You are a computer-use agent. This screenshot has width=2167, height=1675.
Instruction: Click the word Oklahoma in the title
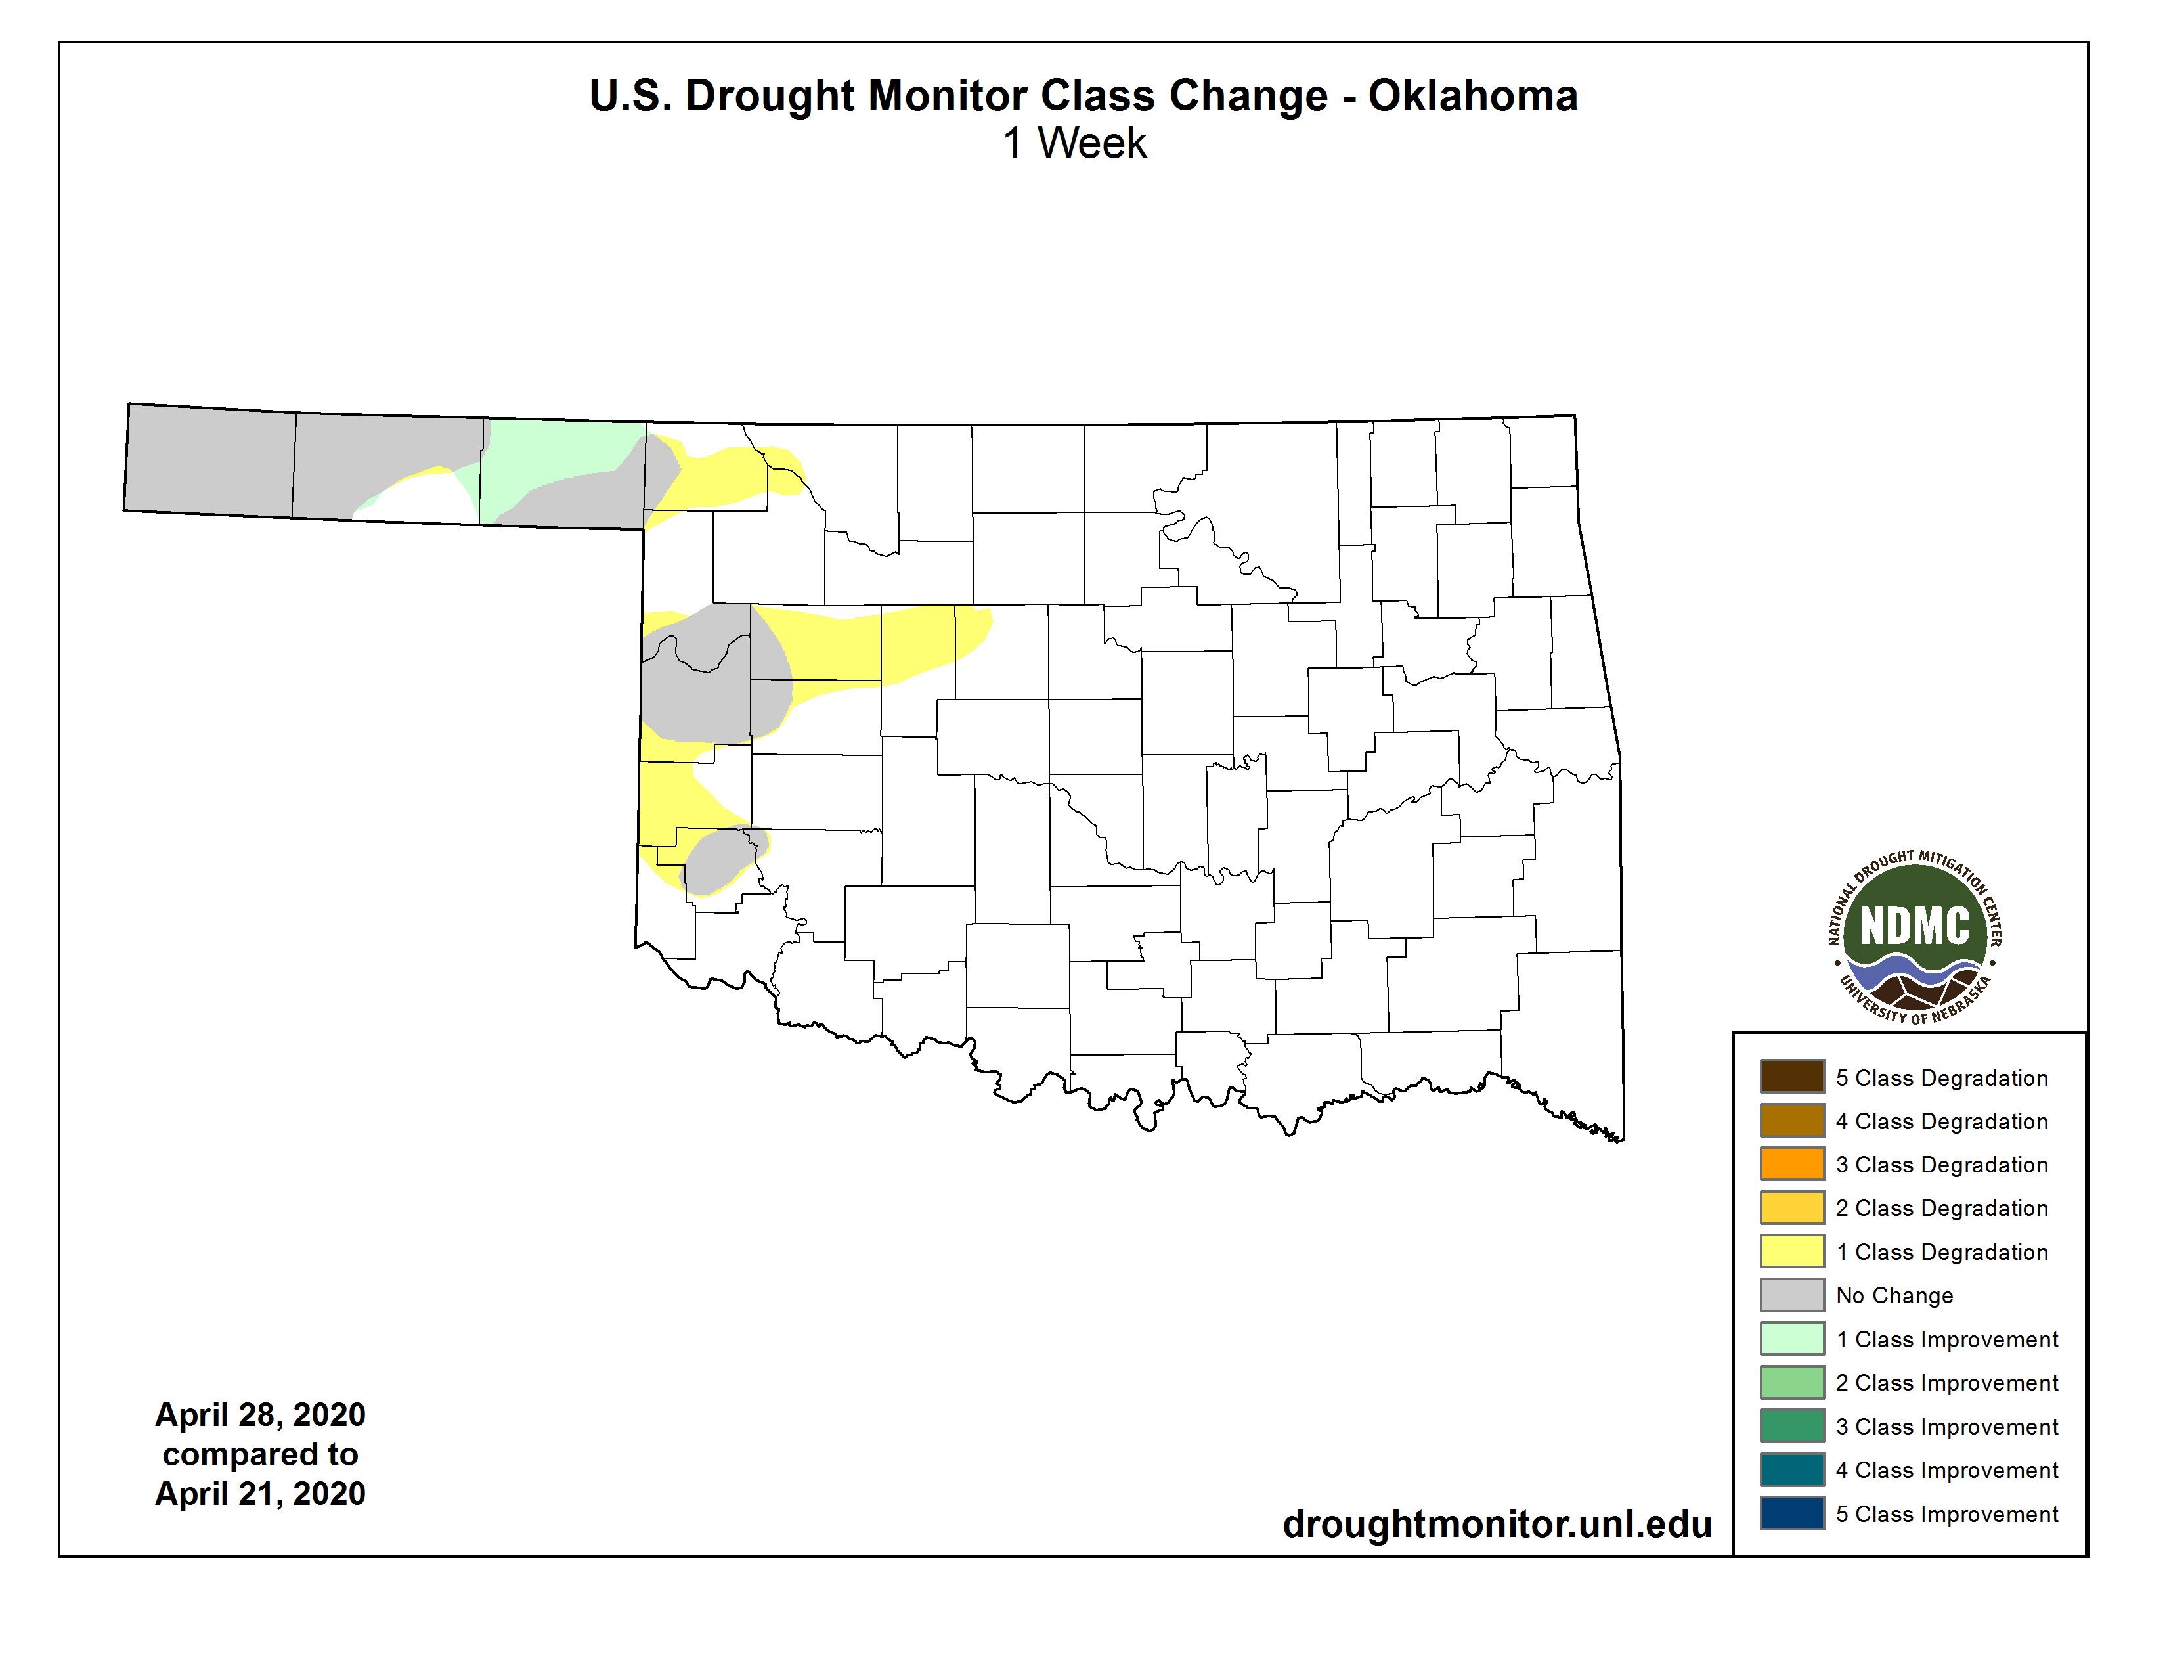point(1472,97)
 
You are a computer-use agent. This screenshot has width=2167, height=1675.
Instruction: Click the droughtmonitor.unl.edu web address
point(1497,1524)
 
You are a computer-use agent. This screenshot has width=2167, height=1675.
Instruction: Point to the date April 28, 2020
point(260,1414)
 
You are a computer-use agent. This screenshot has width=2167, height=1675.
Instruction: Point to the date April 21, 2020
point(260,1494)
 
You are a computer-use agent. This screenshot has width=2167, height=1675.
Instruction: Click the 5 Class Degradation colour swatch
point(1792,1077)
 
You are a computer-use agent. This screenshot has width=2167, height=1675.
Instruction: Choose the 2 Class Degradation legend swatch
point(1792,1207)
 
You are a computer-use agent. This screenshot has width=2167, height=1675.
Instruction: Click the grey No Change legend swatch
point(1792,1295)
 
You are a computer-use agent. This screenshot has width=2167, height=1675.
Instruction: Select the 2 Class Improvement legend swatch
point(1792,1382)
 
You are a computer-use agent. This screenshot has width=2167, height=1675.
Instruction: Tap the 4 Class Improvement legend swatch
point(1792,1469)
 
